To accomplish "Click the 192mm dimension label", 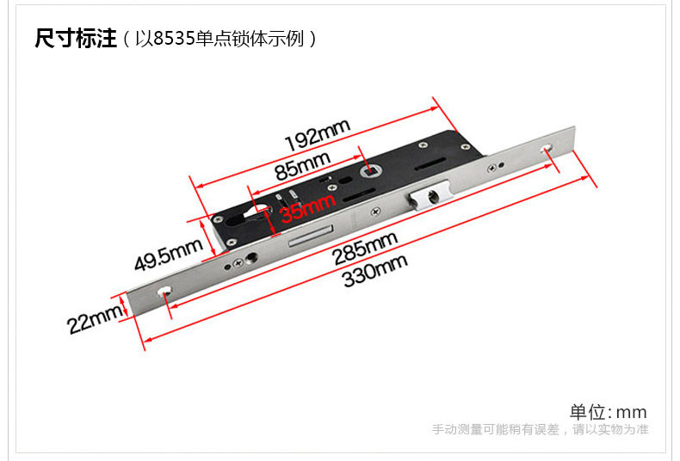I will [318, 133].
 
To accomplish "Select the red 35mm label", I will [307, 206].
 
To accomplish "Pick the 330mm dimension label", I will [374, 271].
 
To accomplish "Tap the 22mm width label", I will [94, 320].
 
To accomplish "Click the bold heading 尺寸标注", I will [75, 40].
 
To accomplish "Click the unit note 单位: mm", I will [608, 412].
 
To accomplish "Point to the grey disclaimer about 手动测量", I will [540, 429].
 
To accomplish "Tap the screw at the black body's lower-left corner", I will [232, 245].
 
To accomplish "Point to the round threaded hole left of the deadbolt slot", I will [253, 258].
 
